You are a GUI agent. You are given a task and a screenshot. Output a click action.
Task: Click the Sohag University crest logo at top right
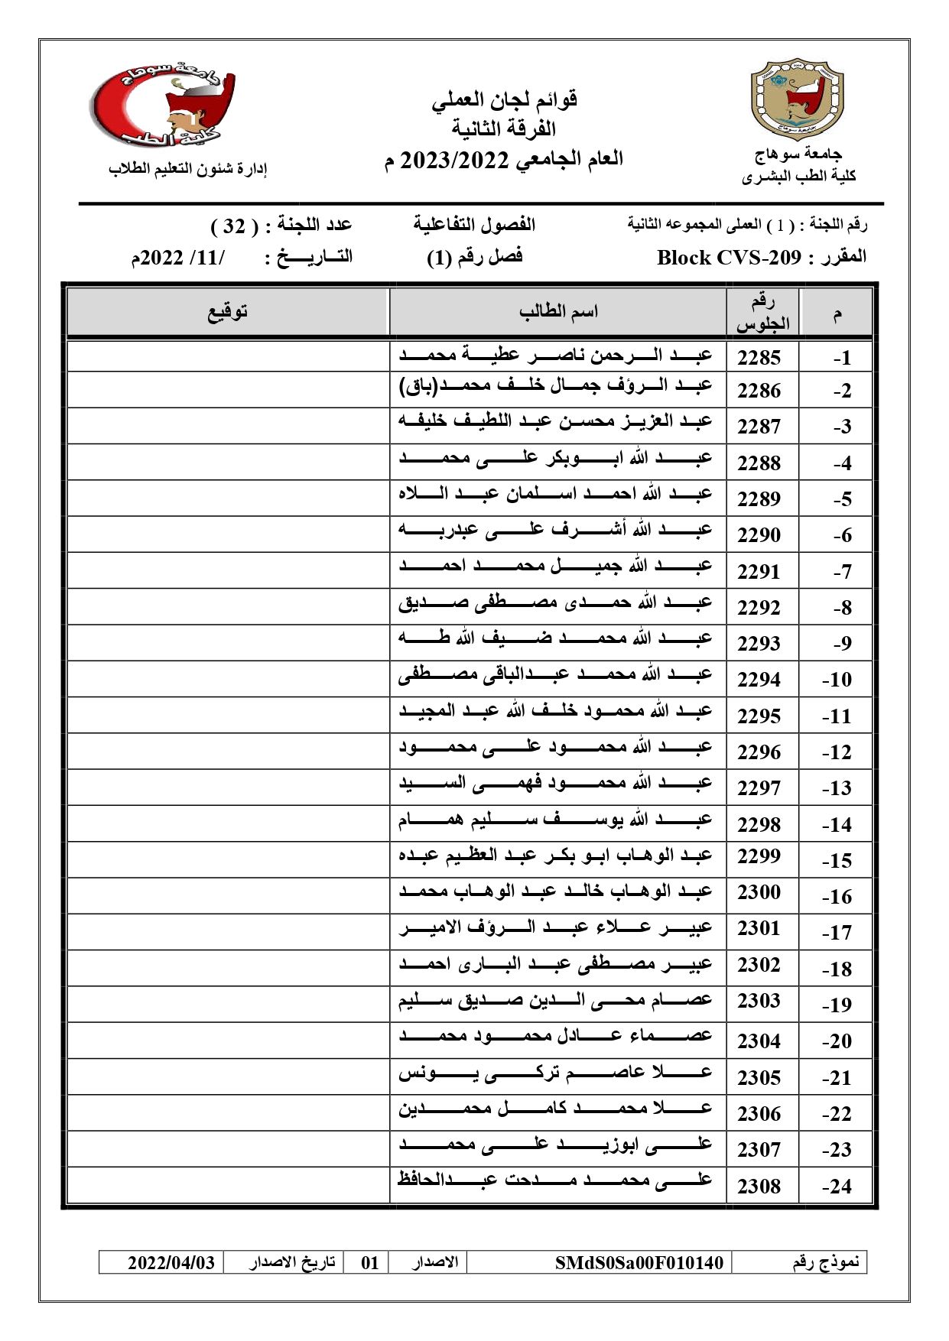click(x=797, y=97)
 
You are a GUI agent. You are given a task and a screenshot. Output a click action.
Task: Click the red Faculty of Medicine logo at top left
click(x=162, y=106)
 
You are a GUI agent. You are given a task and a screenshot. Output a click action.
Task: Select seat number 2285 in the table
click(x=759, y=358)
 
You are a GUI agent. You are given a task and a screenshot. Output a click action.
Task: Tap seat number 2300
click(x=759, y=892)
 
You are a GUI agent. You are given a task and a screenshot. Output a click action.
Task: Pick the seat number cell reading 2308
click(x=759, y=1186)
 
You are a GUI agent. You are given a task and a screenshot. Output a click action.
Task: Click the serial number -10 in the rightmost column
click(x=837, y=680)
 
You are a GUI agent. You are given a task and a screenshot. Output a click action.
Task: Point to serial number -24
click(x=837, y=1187)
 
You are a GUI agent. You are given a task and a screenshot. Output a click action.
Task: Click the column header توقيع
click(x=228, y=312)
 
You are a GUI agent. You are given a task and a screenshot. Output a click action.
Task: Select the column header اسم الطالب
click(x=558, y=312)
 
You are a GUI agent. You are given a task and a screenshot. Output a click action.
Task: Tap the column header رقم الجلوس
click(x=762, y=313)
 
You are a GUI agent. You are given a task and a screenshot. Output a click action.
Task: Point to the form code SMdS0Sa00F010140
click(x=639, y=1262)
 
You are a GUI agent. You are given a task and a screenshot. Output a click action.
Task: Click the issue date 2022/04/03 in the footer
click(x=171, y=1262)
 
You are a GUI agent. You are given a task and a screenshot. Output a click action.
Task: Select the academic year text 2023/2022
click(x=454, y=160)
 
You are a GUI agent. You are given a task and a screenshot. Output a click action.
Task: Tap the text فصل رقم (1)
click(x=474, y=258)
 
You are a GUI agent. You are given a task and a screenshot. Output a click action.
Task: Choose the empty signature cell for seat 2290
click(x=228, y=534)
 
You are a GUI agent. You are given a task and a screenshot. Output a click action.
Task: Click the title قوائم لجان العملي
click(x=505, y=99)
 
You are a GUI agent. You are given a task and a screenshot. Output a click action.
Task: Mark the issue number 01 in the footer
click(x=370, y=1262)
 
